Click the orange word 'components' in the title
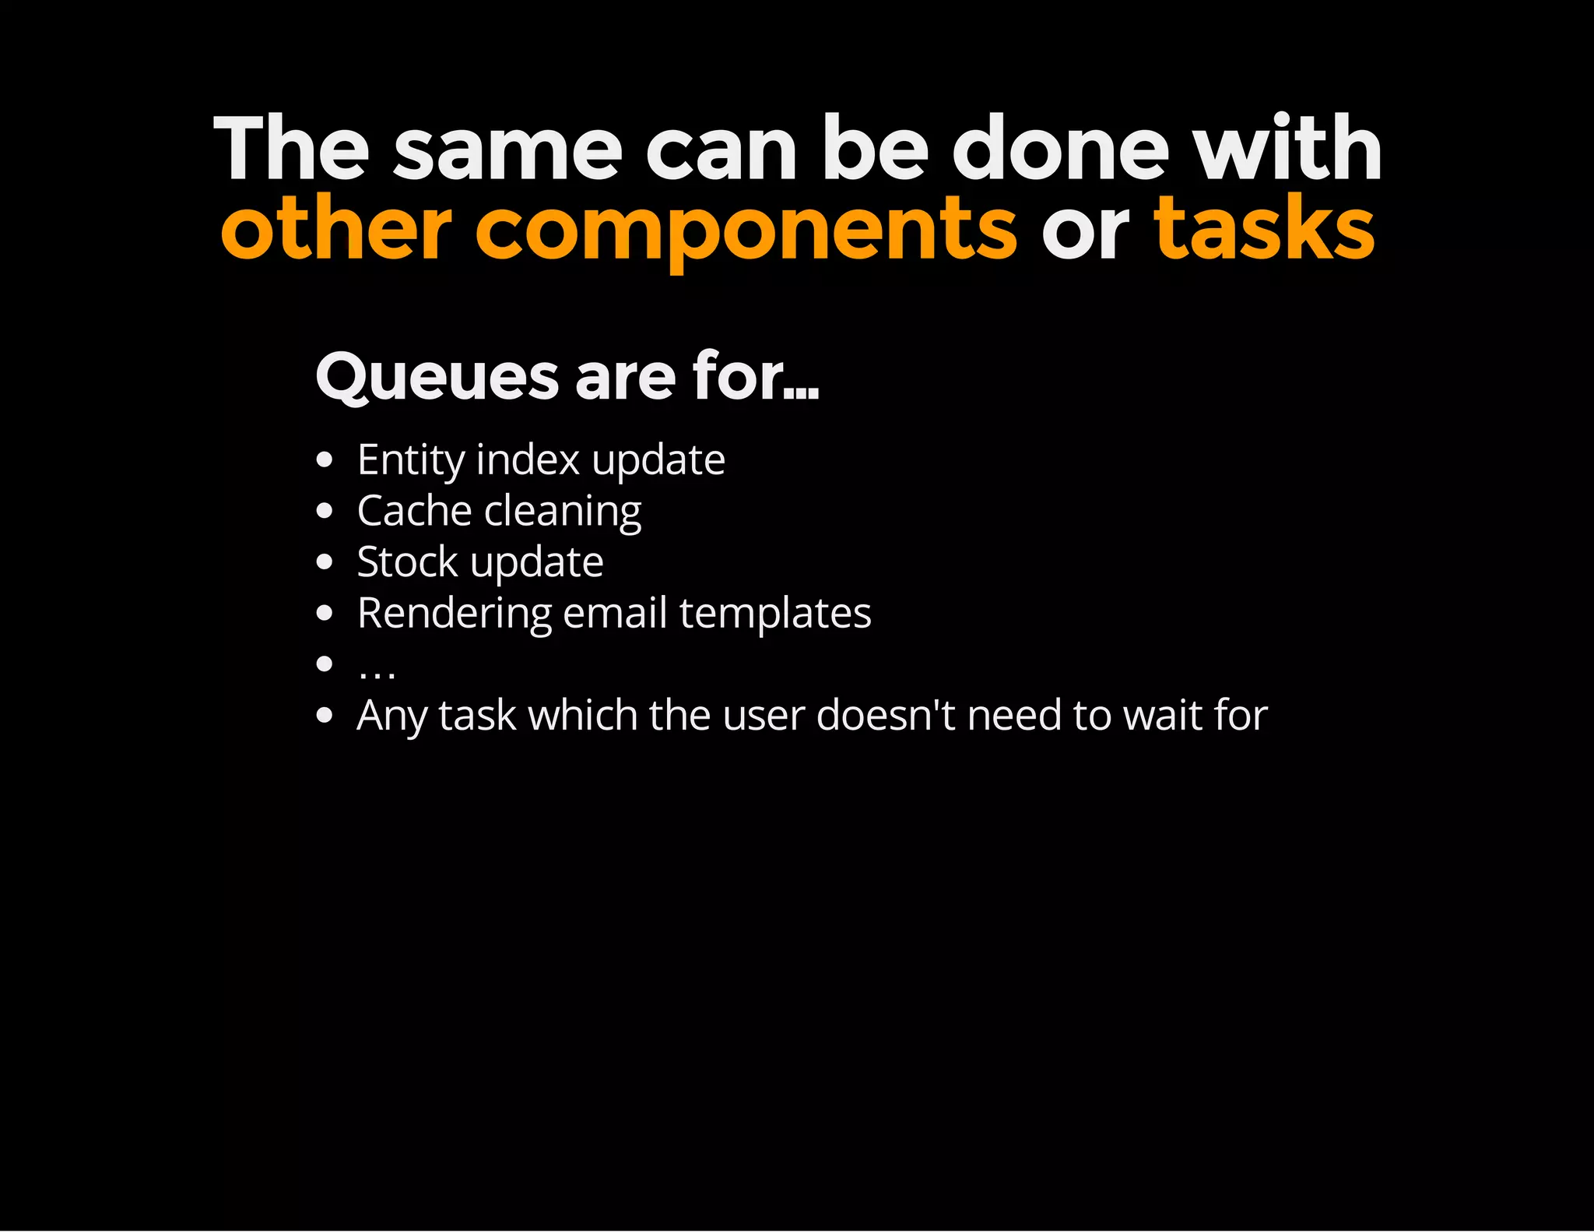point(745,231)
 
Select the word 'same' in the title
point(507,149)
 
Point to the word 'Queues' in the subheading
point(437,377)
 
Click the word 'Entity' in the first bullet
point(410,460)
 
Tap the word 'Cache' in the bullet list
point(414,512)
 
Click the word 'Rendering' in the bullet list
point(454,614)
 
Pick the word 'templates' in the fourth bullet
point(775,613)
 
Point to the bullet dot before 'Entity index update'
point(325,459)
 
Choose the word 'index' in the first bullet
point(528,459)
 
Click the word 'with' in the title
point(1288,149)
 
